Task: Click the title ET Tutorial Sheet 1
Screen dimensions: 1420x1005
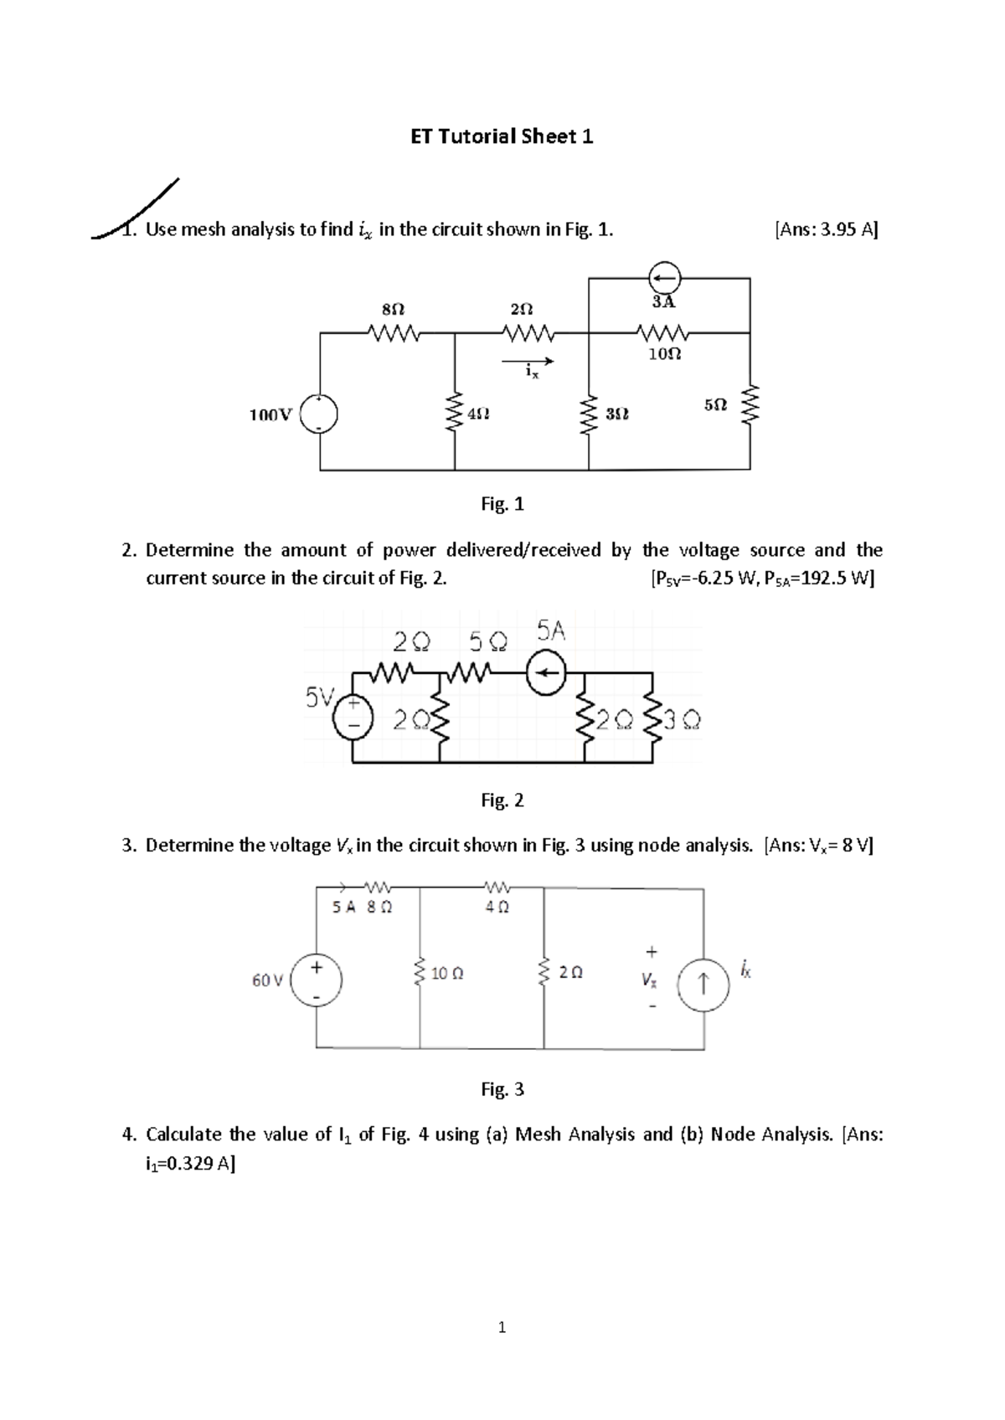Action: [502, 137]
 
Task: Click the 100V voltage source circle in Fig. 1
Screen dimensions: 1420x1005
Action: [320, 414]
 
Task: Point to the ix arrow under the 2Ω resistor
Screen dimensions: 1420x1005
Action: [528, 362]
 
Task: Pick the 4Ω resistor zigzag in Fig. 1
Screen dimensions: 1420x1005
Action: [456, 413]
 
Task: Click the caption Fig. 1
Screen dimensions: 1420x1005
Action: [502, 504]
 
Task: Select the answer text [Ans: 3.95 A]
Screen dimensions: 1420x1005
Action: [826, 230]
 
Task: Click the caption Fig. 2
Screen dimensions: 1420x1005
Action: [502, 800]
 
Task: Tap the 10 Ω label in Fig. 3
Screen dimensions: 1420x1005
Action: [447, 974]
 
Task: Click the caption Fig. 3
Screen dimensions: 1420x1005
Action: [502, 1089]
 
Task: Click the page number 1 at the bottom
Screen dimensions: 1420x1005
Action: [502, 1327]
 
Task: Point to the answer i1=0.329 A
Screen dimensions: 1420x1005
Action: [190, 1163]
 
